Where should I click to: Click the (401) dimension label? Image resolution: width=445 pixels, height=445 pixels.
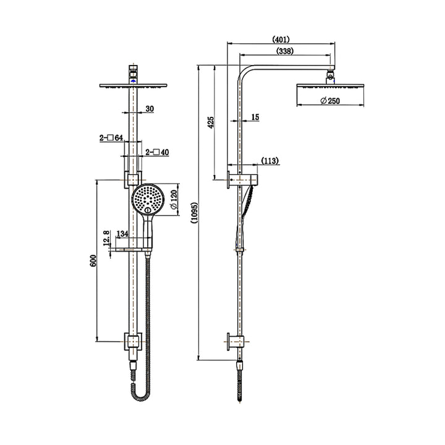pos(282,39)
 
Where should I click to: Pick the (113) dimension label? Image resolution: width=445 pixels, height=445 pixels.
pos(268,160)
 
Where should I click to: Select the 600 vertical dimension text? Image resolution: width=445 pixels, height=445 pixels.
pos(93,260)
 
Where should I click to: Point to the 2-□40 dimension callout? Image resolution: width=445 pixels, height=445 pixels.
pos(158,151)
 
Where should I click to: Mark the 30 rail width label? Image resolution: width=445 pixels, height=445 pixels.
pos(150,109)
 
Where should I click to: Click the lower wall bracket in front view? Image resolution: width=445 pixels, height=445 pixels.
pos(132,340)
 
